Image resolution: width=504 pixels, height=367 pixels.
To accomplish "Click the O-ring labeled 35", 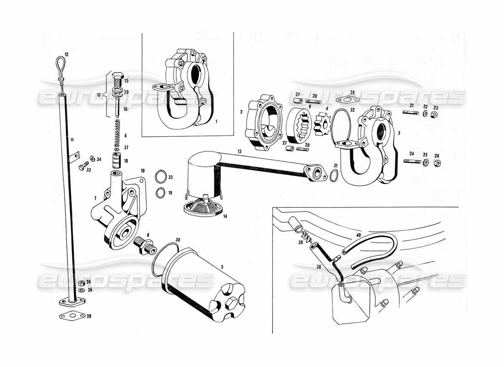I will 160,177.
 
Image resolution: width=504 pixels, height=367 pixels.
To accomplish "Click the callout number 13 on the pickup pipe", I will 239,151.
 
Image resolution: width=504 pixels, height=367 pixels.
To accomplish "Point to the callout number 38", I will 318,266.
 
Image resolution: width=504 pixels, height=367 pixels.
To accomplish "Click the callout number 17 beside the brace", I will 99,95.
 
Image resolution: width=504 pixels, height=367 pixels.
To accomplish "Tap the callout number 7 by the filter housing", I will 95,198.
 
